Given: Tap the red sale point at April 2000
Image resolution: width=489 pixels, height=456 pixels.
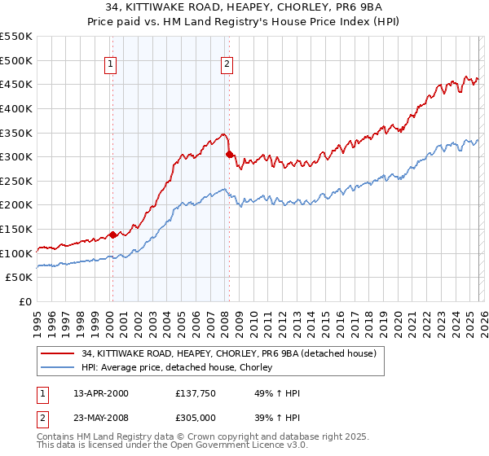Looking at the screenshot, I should click(x=112, y=235).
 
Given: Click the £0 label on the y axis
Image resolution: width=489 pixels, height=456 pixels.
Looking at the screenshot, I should click(x=24, y=302).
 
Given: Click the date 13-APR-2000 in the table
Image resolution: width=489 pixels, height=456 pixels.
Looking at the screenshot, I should click(x=101, y=393).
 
